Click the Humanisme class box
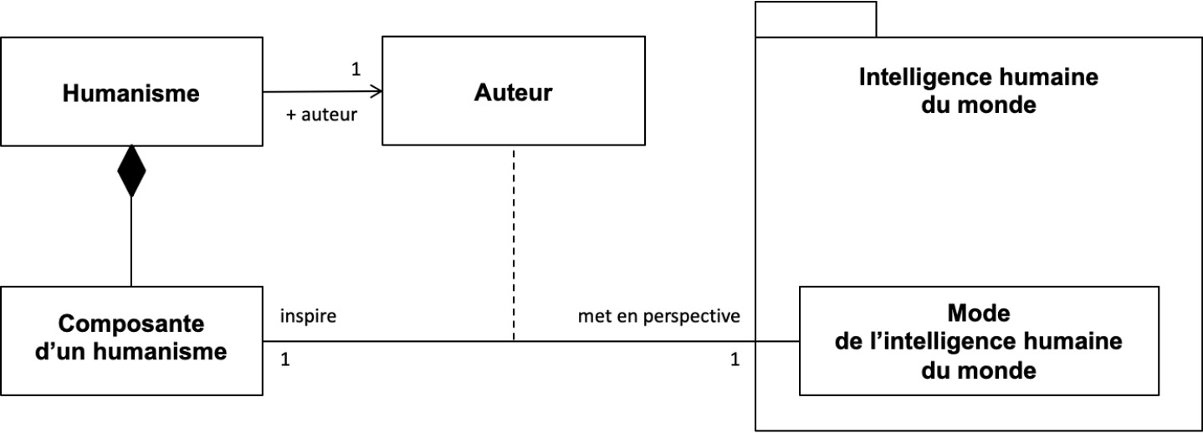pos(131,91)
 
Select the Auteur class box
pos(514,90)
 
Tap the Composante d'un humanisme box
pos(131,341)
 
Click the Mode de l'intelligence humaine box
pos(979,341)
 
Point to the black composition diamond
pos(131,171)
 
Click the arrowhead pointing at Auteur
pos(376,91)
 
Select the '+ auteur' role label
pos(322,115)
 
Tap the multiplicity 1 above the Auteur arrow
pos(356,69)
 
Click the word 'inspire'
pos(308,316)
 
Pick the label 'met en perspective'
pos(659,316)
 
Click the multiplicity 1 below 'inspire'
pos(285,359)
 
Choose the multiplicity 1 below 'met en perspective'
pos(735,359)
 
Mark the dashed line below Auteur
pos(514,245)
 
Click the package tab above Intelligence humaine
pos(816,19)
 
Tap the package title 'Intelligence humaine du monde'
pos(979,90)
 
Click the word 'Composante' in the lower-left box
pos(131,323)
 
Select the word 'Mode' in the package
pos(979,313)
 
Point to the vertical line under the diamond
pos(131,242)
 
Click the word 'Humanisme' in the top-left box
pos(131,93)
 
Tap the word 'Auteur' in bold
pos(513,92)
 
